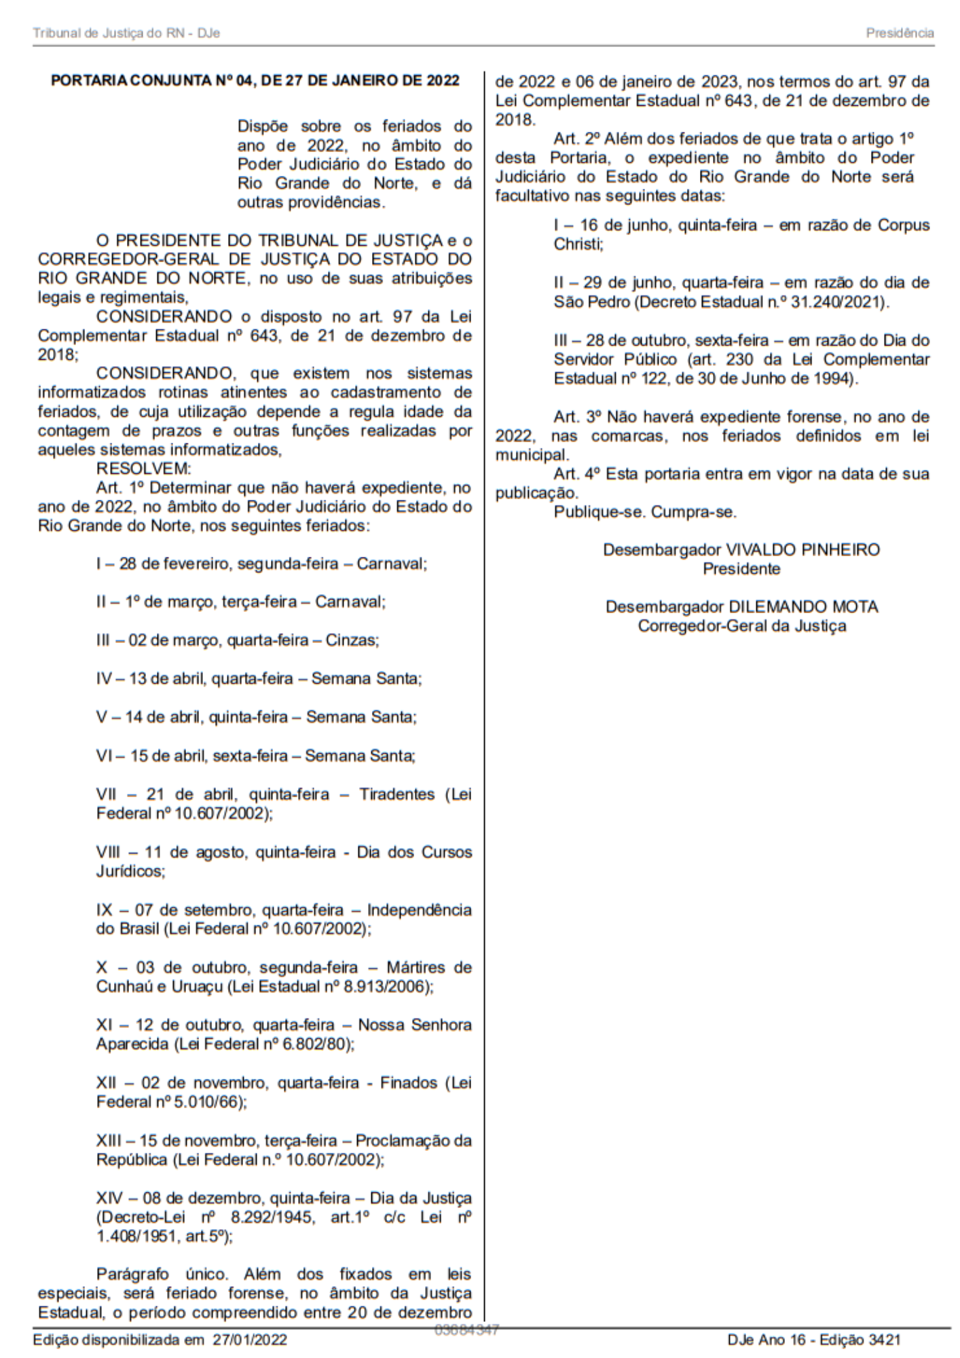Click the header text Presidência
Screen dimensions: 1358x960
[x=900, y=33]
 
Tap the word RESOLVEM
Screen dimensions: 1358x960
[x=144, y=469]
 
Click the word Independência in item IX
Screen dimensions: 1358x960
[x=419, y=910]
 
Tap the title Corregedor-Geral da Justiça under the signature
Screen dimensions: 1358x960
[x=741, y=625]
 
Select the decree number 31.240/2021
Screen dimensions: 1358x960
[x=839, y=301]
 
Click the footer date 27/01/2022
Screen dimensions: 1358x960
[x=249, y=1339]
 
